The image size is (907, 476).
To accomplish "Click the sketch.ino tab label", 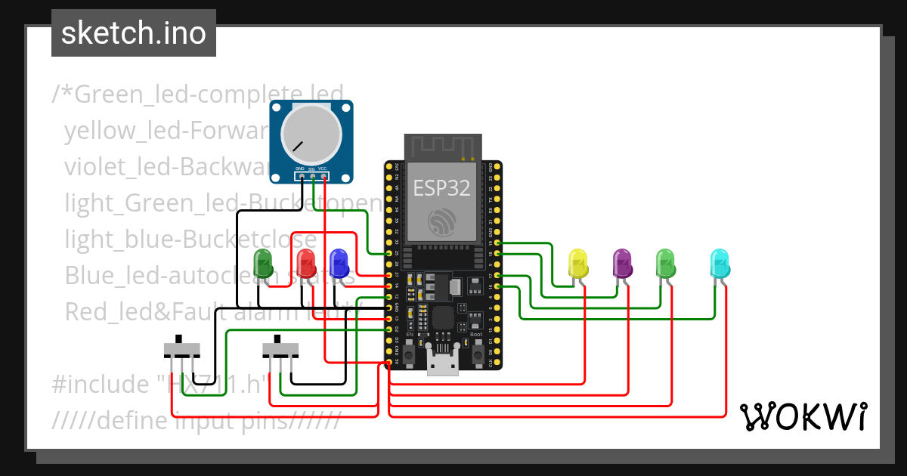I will point(133,34).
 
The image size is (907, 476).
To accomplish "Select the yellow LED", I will point(578,264).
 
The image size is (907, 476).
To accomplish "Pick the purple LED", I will point(622,264).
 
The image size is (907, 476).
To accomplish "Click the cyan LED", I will point(720,264).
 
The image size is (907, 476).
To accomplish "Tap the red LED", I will point(306,264).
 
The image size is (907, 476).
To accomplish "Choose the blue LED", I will point(339,264).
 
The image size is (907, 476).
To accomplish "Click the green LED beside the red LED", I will point(264,264).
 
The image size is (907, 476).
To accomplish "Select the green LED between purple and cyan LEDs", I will point(665,264).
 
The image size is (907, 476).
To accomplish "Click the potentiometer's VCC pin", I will point(323,177).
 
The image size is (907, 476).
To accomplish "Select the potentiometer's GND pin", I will point(301,177).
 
